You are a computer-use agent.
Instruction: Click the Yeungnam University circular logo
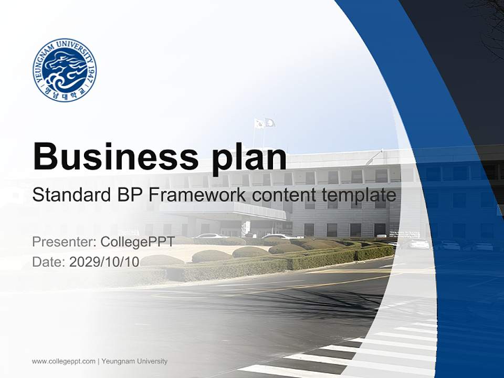[x=64, y=70]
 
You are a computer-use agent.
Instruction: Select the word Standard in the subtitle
[x=68, y=195]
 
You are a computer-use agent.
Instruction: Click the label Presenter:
[x=64, y=242]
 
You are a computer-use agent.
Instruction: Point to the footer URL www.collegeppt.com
[x=64, y=361]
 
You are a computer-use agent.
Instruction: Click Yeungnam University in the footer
[x=134, y=361]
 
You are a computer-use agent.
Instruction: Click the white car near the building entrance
[x=211, y=236]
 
